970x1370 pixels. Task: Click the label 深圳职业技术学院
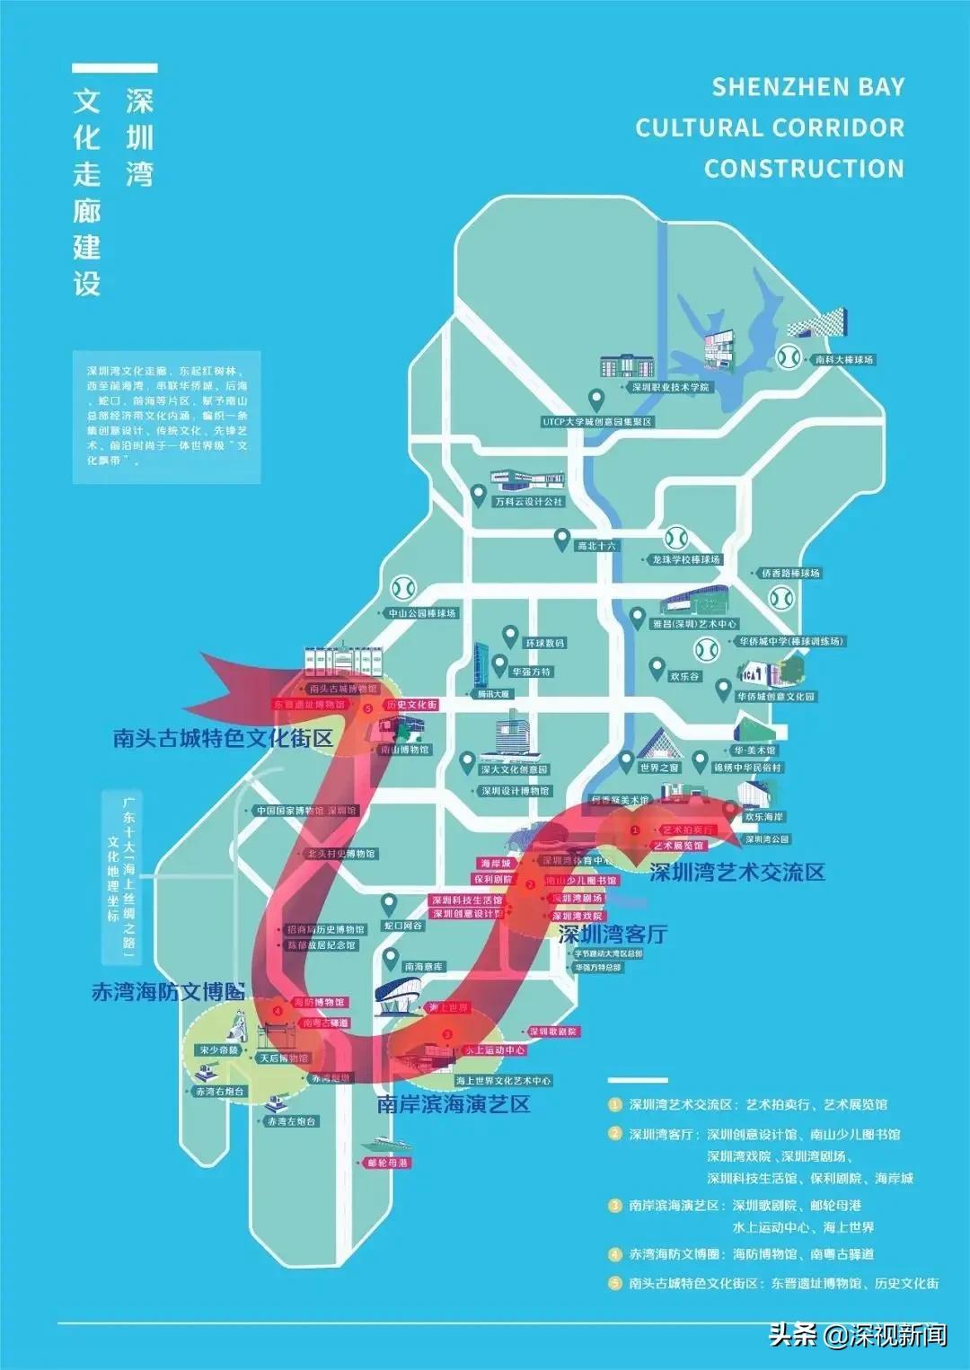pyautogui.click(x=670, y=387)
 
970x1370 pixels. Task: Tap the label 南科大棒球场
pyautogui.click(x=843, y=359)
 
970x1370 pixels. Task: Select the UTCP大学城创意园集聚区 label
pyautogui.click(x=597, y=421)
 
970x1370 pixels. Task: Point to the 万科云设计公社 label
pyautogui.click(x=529, y=502)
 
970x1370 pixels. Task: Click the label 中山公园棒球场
pyautogui.click(x=422, y=613)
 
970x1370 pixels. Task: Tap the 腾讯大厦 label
pyautogui.click(x=493, y=694)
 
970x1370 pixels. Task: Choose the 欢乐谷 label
pyautogui.click(x=685, y=676)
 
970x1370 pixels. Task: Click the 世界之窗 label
pyautogui.click(x=660, y=768)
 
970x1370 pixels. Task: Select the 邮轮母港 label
pyautogui.click(x=388, y=1163)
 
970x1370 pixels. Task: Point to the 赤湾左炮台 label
pyautogui.click(x=292, y=1121)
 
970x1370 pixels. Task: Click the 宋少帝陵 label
pyautogui.click(x=219, y=1049)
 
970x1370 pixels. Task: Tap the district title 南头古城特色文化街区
pyautogui.click(x=223, y=738)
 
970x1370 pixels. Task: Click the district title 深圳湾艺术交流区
pyautogui.click(x=736, y=872)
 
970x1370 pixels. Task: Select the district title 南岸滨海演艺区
pyautogui.click(x=454, y=1104)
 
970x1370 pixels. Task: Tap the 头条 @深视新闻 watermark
pyautogui.click(x=857, y=1335)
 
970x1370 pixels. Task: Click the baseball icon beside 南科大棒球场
pyautogui.click(x=789, y=356)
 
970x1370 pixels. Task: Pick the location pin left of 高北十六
pyautogui.click(x=561, y=540)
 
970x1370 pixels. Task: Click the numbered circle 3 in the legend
pyautogui.click(x=615, y=1205)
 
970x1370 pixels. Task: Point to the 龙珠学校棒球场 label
pyautogui.click(x=686, y=559)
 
